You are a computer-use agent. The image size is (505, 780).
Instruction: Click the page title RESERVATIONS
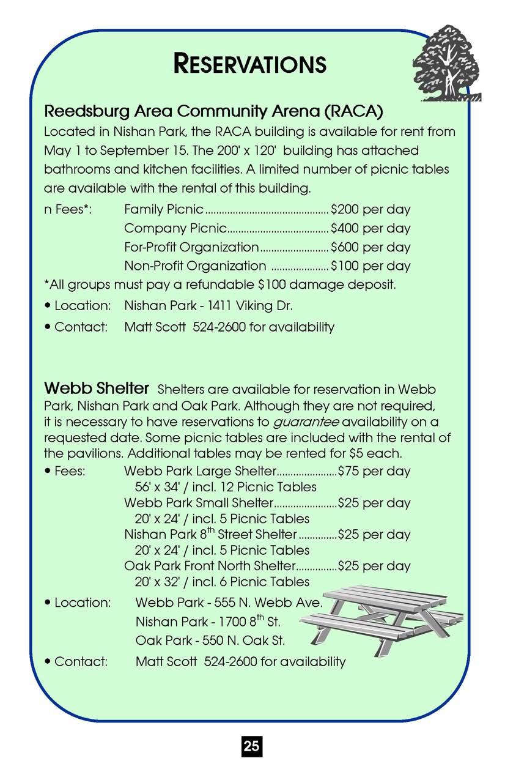point(250,63)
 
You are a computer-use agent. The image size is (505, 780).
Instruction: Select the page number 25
point(251,746)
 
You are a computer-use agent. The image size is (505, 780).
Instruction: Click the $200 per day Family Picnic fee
point(370,210)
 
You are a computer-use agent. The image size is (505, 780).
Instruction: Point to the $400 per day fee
point(370,229)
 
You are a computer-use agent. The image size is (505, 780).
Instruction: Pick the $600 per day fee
point(370,248)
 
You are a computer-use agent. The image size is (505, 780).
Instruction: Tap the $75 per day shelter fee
point(374,471)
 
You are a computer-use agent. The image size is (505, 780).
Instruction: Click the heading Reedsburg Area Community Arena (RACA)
point(213,111)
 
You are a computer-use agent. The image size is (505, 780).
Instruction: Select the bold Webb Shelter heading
point(97,388)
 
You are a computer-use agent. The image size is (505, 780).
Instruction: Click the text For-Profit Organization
point(191,248)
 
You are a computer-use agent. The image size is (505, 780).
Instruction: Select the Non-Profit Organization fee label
point(195,266)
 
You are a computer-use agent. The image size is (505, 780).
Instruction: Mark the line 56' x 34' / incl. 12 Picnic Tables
point(225,487)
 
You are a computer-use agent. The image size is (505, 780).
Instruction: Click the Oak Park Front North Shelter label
point(210,566)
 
